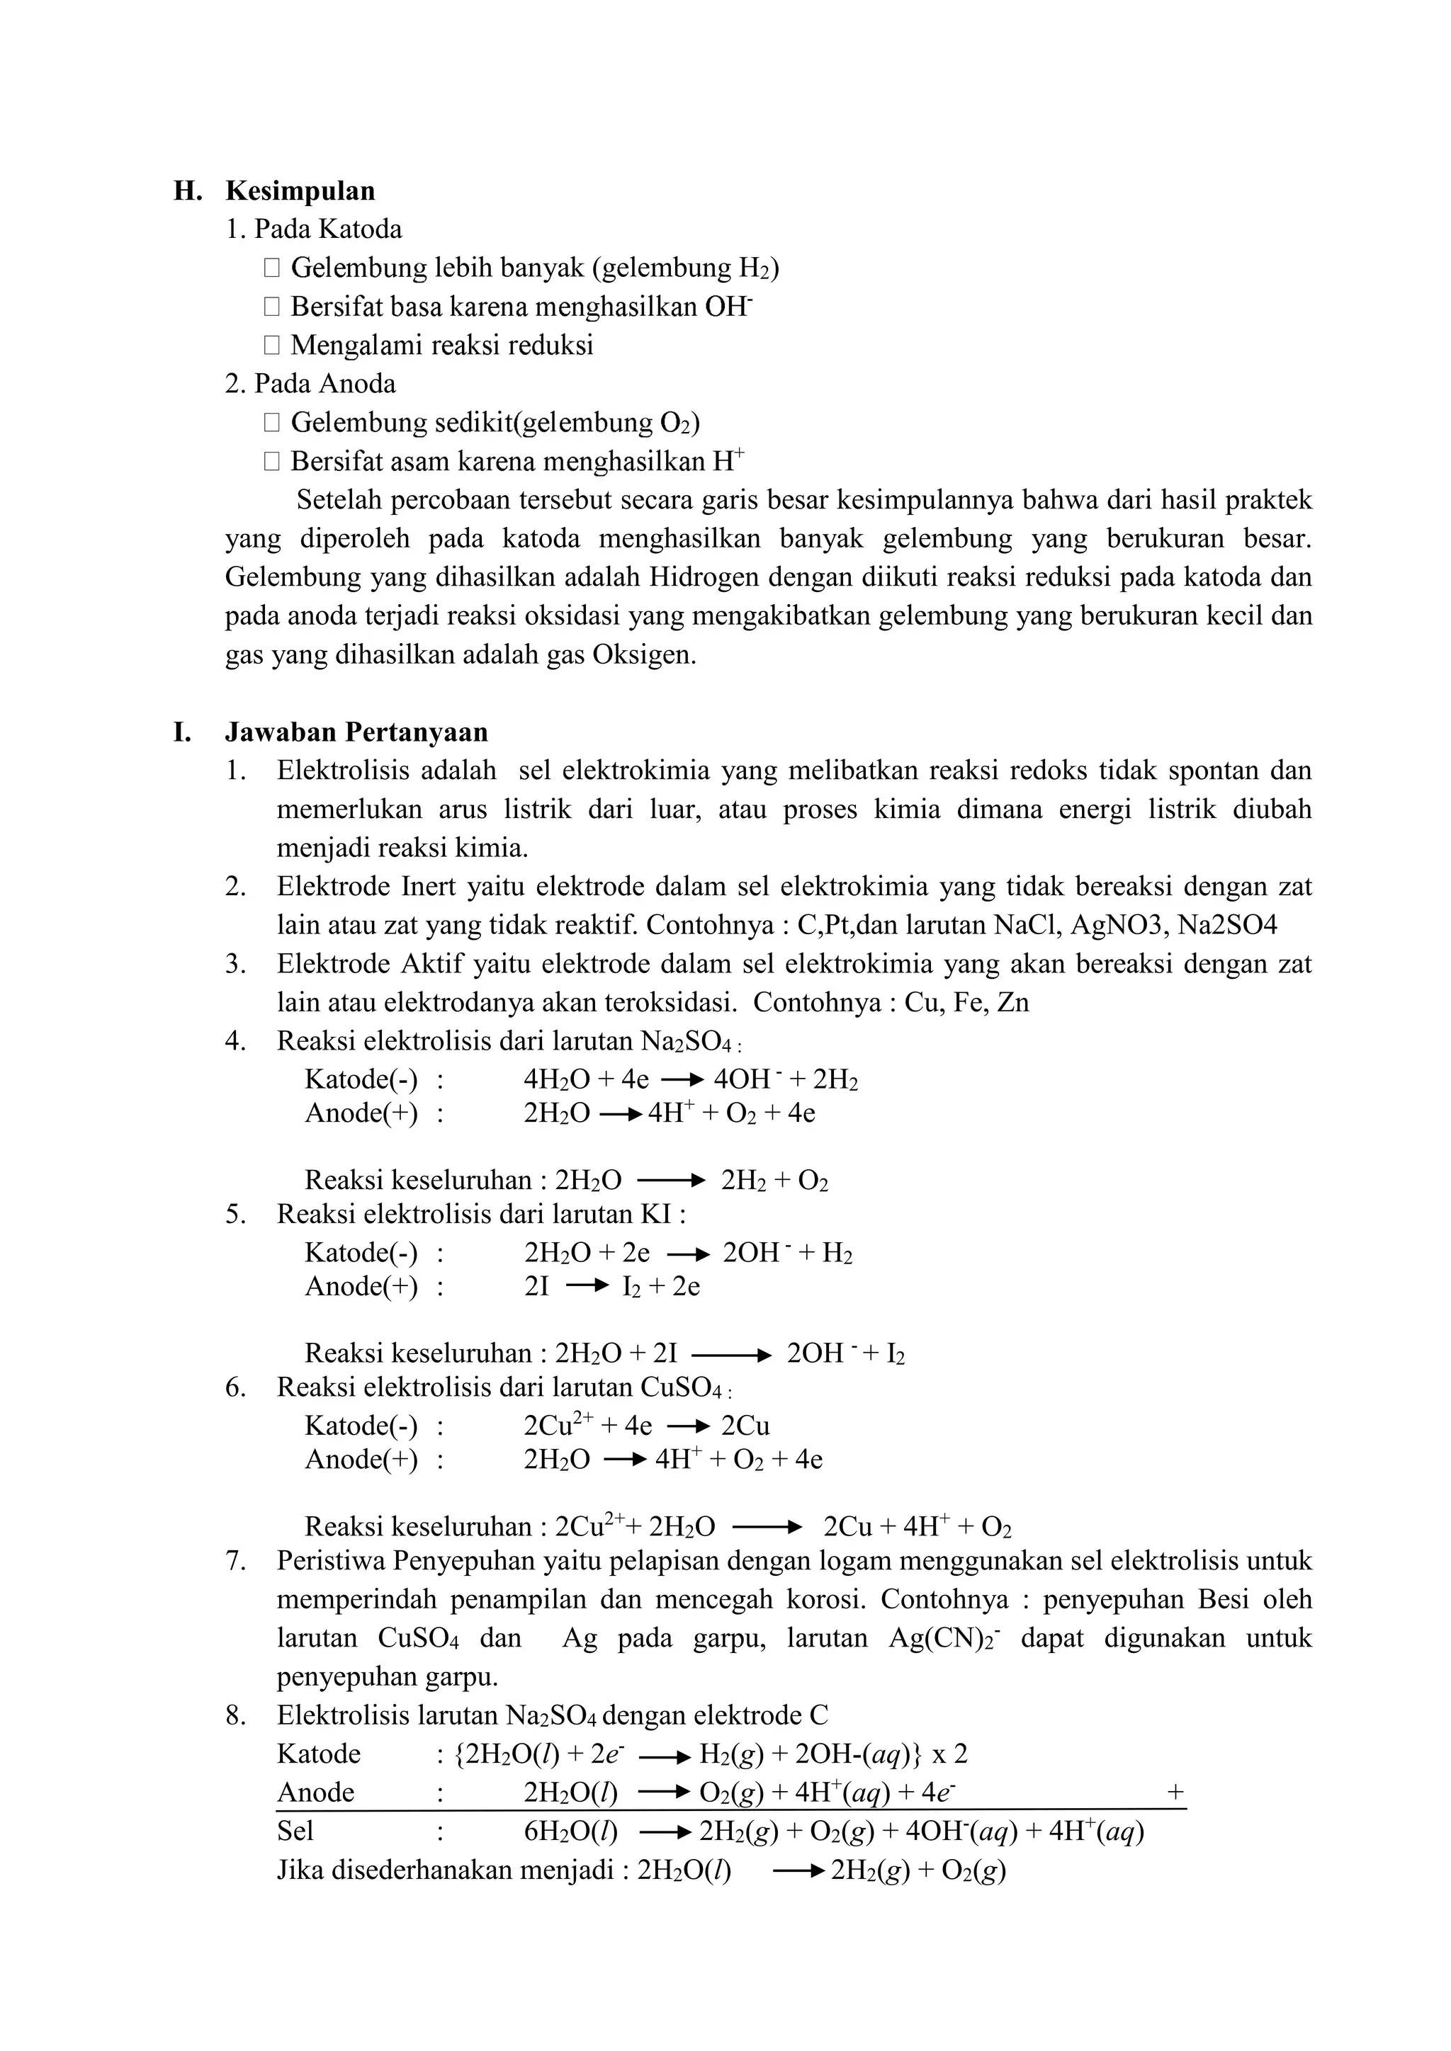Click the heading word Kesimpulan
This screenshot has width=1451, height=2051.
point(300,191)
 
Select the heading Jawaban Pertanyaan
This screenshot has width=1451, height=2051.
point(356,732)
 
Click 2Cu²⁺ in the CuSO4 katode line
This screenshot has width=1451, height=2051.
point(558,1425)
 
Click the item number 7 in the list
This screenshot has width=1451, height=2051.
point(235,1562)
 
